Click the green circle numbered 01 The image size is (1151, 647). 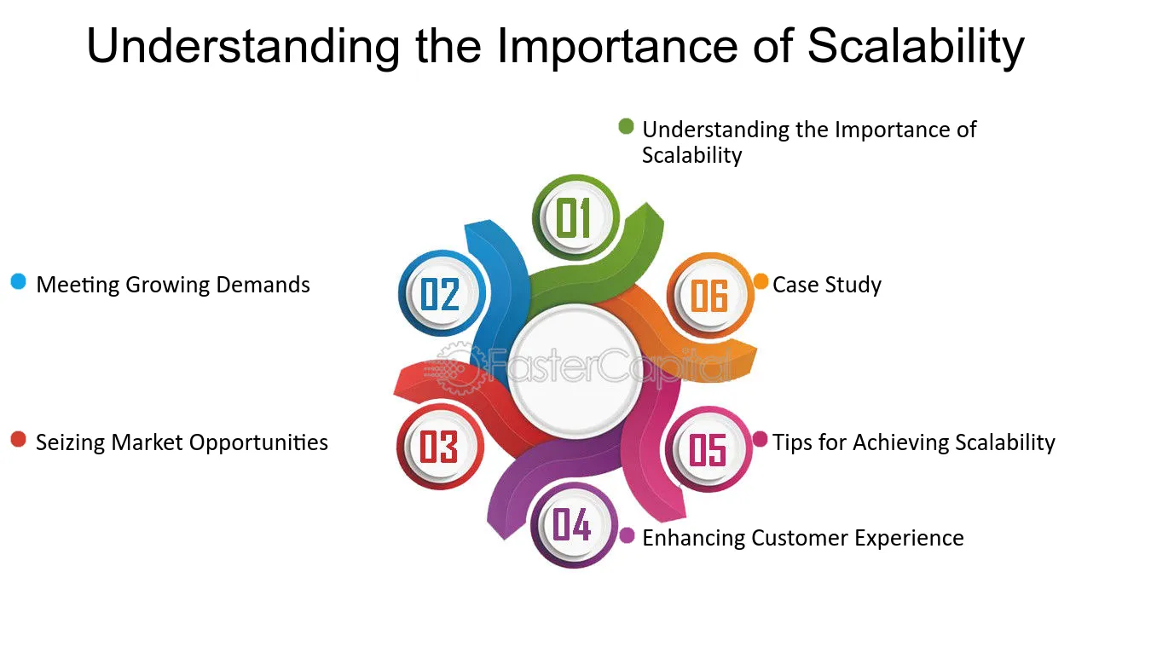(575, 217)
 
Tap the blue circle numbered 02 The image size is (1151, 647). (442, 293)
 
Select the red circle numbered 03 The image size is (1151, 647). (440, 447)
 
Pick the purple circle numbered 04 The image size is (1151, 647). (574, 525)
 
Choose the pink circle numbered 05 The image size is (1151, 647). (709, 449)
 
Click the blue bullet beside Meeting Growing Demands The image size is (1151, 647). (19, 281)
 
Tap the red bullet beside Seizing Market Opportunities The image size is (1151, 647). (19, 439)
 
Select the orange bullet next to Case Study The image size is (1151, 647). (761, 281)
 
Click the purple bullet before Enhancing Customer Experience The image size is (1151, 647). (627, 535)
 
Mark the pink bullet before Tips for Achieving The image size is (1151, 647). (761, 439)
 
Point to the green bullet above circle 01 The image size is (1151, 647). (626, 126)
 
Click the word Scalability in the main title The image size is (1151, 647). (916, 47)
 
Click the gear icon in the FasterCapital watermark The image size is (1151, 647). (459, 367)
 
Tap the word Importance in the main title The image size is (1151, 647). (617, 47)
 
